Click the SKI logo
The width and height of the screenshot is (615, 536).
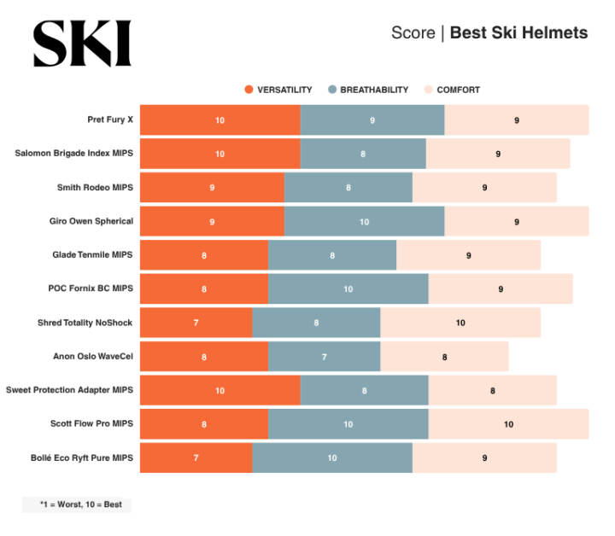point(82,44)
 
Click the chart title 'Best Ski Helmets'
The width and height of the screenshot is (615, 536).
point(518,33)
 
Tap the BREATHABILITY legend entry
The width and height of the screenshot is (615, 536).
point(368,90)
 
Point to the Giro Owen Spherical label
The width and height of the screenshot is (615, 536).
point(91,221)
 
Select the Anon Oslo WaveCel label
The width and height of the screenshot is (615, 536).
point(93,356)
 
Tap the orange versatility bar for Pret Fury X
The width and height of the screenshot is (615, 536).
point(220,120)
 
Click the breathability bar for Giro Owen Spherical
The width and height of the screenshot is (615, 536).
point(364,221)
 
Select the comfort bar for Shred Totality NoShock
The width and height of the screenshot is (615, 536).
point(460,323)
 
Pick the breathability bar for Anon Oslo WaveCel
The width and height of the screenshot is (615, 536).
point(324,357)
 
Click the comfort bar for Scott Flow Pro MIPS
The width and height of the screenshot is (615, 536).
point(508,424)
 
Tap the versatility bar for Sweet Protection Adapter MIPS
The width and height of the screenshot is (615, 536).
point(220,390)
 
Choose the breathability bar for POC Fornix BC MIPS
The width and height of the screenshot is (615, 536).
point(348,289)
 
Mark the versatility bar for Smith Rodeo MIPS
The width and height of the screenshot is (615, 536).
point(212,188)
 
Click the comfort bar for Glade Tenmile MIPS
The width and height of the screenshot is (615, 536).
point(468,255)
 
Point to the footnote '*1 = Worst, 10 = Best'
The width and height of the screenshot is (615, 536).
point(77,504)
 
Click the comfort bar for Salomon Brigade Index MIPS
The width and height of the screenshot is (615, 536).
point(498,154)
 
